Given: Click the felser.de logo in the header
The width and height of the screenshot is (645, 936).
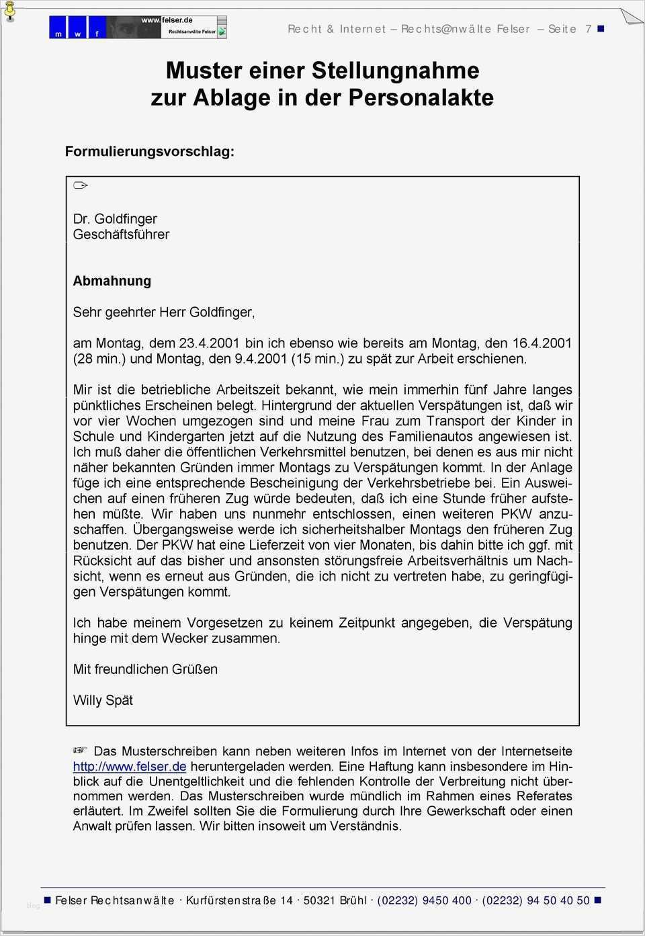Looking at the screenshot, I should tap(138, 27).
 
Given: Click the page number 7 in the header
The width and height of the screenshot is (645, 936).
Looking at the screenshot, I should tap(589, 29).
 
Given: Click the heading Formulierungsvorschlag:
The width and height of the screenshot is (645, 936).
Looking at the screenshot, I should tap(150, 152).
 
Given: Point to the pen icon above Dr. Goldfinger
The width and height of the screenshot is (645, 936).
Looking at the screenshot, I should tap(81, 185).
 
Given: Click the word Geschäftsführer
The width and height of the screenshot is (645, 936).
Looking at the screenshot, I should tap(121, 235).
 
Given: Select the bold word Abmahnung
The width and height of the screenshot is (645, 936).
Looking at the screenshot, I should tap(112, 281).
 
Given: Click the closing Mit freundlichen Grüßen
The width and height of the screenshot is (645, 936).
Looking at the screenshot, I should tap(145, 669).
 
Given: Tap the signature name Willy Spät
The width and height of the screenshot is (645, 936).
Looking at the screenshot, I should tap(103, 700).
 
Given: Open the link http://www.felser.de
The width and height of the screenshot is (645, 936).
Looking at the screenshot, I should tap(130, 767).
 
